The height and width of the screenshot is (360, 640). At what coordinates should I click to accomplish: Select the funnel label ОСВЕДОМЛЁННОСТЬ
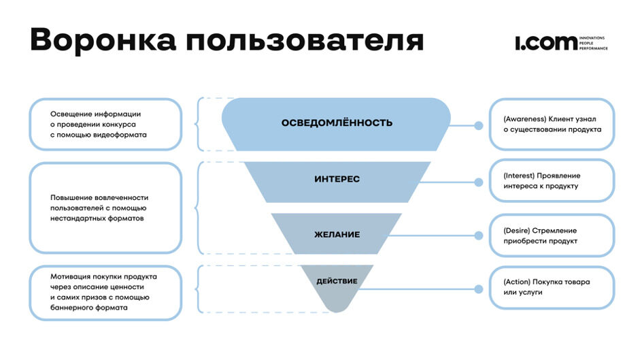click(x=337, y=123)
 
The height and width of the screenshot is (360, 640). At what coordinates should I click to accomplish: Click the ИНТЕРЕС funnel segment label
click(x=337, y=179)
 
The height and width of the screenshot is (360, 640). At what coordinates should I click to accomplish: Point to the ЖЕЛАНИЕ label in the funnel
click(x=337, y=234)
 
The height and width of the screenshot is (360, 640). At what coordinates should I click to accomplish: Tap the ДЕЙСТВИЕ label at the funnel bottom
click(x=337, y=281)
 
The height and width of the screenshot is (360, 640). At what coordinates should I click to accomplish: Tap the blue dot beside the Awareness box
click(x=479, y=125)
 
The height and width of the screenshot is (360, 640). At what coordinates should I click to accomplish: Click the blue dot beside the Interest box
click(x=479, y=182)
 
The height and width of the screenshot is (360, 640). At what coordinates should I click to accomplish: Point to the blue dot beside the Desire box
click(x=479, y=236)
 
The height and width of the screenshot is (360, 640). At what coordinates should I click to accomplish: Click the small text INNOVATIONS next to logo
click(x=592, y=38)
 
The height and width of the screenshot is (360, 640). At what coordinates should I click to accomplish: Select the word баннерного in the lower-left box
click(x=72, y=308)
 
